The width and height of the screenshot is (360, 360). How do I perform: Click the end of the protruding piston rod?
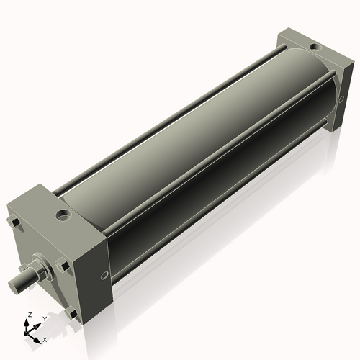click(14, 287)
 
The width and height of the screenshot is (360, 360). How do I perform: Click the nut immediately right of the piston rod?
click(63, 266)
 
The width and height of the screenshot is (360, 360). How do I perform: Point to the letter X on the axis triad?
click(45, 338)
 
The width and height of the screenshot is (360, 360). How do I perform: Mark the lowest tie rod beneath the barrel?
click(216, 216)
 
